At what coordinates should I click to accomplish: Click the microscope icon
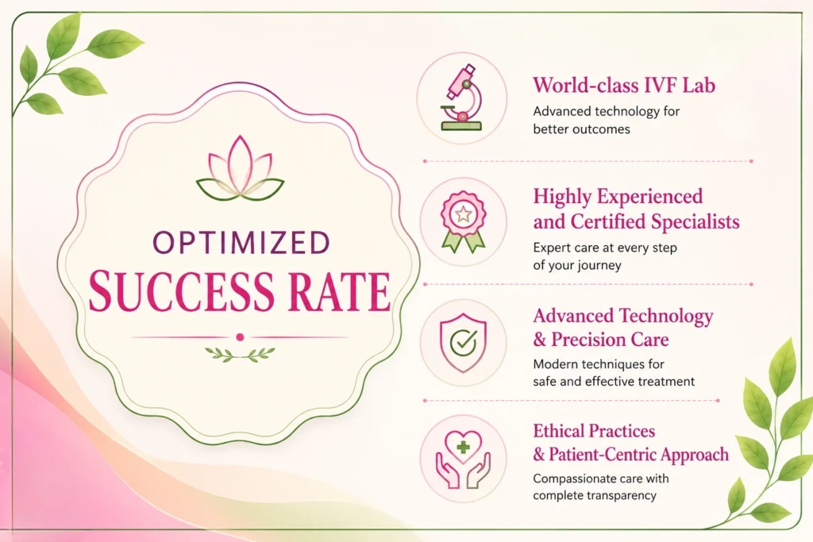461,98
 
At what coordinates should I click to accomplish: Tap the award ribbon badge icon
463,221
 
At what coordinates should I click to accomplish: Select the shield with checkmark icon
463,343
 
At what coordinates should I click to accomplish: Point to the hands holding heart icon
463,459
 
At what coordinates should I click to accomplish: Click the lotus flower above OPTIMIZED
240,168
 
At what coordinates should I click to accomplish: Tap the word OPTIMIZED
241,243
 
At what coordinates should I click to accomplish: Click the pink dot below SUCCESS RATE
240,337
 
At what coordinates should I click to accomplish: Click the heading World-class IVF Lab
624,86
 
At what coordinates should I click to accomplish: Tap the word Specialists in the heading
695,221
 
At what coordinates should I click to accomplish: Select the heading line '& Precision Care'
601,340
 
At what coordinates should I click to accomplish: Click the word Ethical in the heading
560,431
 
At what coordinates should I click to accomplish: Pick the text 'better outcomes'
581,129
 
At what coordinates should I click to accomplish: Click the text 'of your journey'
577,265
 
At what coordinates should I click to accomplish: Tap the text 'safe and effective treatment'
614,382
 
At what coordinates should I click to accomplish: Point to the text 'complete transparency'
595,496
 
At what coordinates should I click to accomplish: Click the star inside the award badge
463,213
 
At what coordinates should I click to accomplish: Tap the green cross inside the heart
463,446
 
